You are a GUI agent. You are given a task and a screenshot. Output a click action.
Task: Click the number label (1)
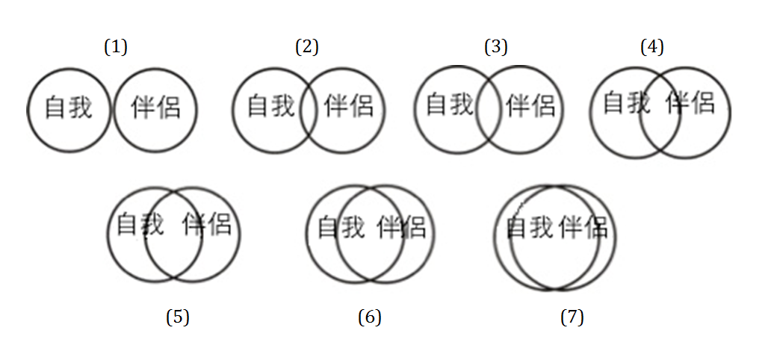[116, 47]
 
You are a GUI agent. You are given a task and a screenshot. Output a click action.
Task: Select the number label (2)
[307, 47]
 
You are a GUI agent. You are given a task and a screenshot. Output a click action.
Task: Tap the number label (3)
[495, 47]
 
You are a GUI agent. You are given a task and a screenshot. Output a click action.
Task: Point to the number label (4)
[652, 47]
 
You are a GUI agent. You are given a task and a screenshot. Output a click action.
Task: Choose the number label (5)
[178, 317]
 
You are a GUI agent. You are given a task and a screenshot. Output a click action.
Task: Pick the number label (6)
[370, 317]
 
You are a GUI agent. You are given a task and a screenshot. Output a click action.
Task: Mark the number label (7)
[572, 317]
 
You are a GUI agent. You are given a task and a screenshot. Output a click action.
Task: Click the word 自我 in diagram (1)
[69, 108]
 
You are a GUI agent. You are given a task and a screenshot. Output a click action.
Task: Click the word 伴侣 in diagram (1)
[155, 108]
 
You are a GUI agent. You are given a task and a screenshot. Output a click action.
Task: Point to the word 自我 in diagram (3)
[450, 105]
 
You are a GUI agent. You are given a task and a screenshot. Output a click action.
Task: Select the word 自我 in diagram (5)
[140, 223]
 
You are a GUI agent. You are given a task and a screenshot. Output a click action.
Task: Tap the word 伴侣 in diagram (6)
[401, 226]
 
